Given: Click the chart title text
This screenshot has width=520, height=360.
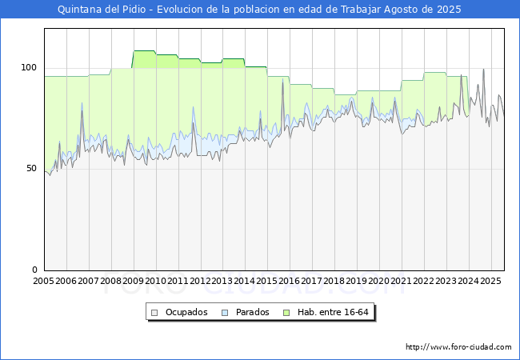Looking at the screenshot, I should (x=260, y=10).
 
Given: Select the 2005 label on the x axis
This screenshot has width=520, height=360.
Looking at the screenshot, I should (x=44, y=282).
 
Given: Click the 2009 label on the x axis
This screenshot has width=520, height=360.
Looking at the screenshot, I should (x=134, y=282).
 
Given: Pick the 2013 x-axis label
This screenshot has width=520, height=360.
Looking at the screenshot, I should (x=223, y=282).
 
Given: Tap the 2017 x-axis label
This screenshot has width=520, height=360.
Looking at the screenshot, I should (x=312, y=282).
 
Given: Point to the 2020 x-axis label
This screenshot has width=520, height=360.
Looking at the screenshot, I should (x=379, y=282).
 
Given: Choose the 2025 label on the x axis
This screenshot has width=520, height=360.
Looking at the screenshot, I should (x=490, y=282).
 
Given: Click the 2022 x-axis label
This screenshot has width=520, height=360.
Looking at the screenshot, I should (x=424, y=282).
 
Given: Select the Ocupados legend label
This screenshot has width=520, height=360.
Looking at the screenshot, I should (x=186, y=312).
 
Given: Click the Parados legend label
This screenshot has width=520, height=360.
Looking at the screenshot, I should (x=252, y=312).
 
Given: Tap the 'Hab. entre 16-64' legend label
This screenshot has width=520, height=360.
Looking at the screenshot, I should (x=333, y=312).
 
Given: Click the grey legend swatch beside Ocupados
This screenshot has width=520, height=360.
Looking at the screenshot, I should (x=156, y=312).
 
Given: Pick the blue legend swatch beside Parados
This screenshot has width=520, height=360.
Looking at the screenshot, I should (x=225, y=312).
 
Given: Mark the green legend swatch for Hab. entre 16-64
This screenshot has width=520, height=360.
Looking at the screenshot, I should (x=286, y=312).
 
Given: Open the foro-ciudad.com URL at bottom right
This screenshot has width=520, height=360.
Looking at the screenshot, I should (x=458, y=347).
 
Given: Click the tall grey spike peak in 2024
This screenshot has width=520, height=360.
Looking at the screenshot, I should (x=483, y=70).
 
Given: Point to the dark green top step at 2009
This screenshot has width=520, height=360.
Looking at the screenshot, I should (x=144, y=51).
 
